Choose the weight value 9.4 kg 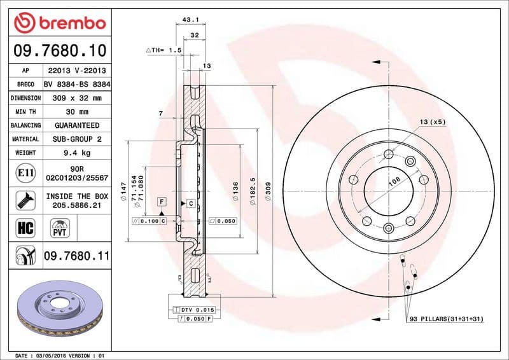pyautogui.click(x=77, y=153)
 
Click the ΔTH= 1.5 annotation pyautogui.click(x=164, y=50)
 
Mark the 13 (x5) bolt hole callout pyautogui.click(x=431, y=121)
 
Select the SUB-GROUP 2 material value pyautogui.click(x=77, y=139)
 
